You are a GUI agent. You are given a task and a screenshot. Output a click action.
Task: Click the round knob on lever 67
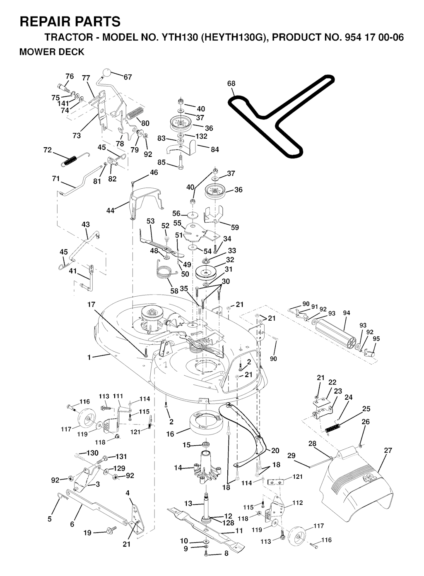[107, 74]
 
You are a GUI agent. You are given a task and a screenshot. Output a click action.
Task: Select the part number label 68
[231, 84]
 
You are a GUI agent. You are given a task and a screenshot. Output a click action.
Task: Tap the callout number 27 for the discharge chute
[388, 450]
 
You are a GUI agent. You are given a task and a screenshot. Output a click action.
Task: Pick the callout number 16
[170, 434]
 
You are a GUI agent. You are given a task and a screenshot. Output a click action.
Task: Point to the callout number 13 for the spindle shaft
[188, 504]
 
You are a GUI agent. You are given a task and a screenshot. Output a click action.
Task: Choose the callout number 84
[214, 149]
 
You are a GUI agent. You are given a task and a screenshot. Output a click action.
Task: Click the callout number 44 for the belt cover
[110, 211]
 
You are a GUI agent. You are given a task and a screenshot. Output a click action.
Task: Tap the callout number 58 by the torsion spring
[174, 291]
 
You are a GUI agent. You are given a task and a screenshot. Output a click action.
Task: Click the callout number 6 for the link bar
[72, 524]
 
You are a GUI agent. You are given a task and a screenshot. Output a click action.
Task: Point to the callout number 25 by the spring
[366, 409]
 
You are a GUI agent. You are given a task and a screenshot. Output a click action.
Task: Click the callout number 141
[63, 103]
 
